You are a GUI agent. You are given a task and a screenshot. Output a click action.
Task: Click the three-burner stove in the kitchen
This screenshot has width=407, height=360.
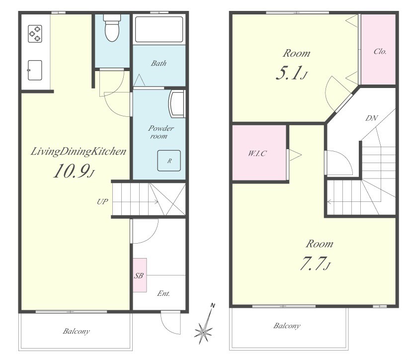[35, 34]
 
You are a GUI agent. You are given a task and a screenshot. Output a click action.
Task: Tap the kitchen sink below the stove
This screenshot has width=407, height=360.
[35, 70]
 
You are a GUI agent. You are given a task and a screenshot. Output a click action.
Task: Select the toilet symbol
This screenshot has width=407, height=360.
[112, 28]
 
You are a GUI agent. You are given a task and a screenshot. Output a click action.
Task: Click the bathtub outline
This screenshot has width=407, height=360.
[159, 29]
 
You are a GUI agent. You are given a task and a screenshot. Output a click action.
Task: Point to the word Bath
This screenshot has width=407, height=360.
[159, 63]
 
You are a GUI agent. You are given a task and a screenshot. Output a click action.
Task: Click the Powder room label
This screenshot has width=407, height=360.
[161, 132]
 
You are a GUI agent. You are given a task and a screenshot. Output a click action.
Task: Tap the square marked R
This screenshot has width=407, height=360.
[169, 161]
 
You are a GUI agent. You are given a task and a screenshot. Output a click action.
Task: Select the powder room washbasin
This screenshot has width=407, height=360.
[176, 104]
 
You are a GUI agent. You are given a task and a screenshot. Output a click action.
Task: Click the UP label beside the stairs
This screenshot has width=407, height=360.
[102, 201]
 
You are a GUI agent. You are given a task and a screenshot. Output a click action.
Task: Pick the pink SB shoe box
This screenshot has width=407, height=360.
[140, 275]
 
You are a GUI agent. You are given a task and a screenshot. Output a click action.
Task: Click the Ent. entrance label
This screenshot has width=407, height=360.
[163, 293]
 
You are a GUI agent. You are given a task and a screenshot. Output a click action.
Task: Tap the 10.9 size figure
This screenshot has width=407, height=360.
[74, 171]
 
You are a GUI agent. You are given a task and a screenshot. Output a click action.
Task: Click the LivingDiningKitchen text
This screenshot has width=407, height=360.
[79, 152]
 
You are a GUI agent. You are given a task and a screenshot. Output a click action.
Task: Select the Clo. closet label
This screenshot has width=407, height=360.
[380, 51]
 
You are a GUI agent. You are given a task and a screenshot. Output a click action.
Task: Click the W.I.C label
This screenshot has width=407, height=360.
[257, 153]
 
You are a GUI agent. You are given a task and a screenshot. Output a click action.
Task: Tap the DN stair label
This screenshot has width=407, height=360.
[371, 118]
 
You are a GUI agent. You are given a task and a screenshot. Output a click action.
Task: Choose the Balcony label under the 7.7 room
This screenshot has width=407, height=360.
[287, 326]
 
